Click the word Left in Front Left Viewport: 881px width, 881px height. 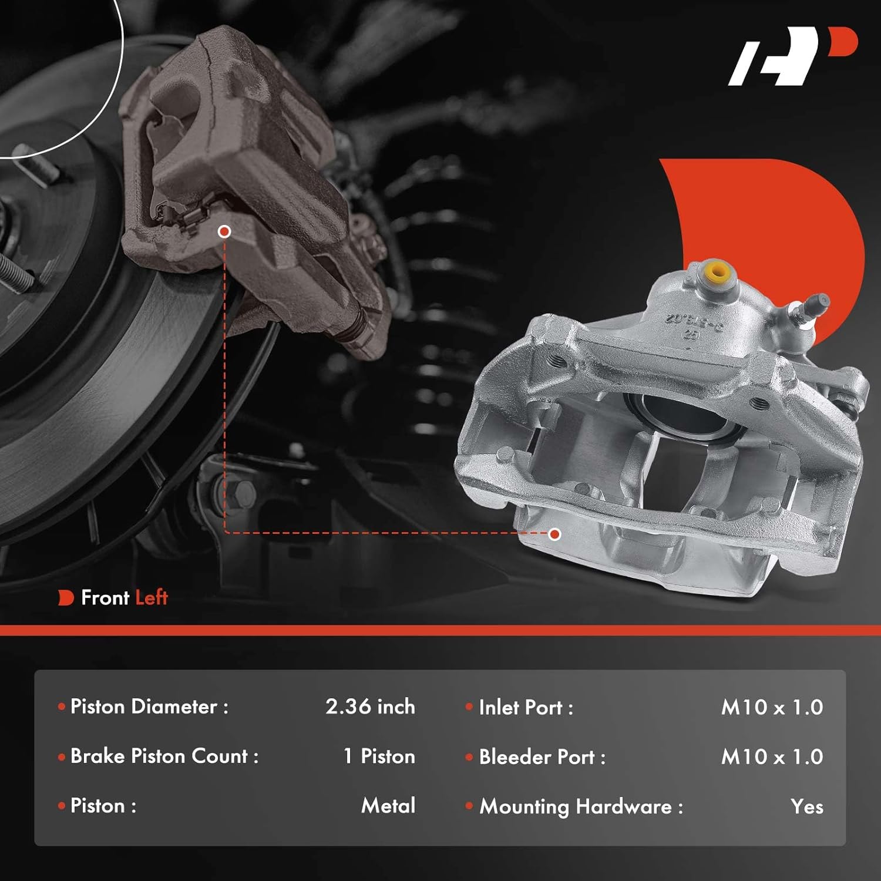coord(152,598)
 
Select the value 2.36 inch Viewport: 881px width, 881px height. coord(370,707)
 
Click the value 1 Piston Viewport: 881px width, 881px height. coord(379,756)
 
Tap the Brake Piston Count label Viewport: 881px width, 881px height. coord(164,756)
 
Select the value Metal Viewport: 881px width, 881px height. coord(388,805)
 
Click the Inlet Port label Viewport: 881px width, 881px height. coord(525,708)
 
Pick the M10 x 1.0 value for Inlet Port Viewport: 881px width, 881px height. coord(772,708)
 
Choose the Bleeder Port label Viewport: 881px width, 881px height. coord(542,757)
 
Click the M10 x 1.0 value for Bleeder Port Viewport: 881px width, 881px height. coord(772,757)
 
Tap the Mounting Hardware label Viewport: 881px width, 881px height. coord(581,807)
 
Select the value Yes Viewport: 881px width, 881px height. coord(806,807)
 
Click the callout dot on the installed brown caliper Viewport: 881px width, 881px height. coord(224,231)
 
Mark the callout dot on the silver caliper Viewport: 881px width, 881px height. coord(554,534)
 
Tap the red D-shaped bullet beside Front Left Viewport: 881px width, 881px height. coord(65,598)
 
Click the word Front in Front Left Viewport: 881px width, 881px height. coord(105,598)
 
